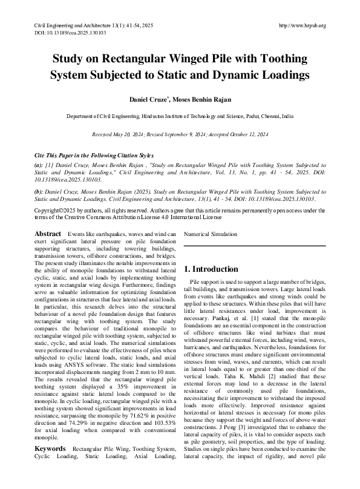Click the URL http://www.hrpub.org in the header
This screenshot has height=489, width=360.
pyautogui.click(x=302, y=25)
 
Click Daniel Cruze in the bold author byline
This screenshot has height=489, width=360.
pyautogui.click(x=150, y=98)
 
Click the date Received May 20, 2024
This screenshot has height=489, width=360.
pyautogui.click(x=117, y=133)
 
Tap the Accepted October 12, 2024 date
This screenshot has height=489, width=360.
pyautogui.click(x=238, y=133)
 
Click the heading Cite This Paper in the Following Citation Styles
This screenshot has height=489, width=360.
pyautogui.click(x=94, y=155)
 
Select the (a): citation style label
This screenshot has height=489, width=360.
pyautogui.click(x=39, y=165)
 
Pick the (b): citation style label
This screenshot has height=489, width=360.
pyautogui.click(x=39, y=191)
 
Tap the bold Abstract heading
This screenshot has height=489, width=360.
pyautogui.click(x=48, y=234)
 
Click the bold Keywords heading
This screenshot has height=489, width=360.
pyautogui.click(x=50, y=465)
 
